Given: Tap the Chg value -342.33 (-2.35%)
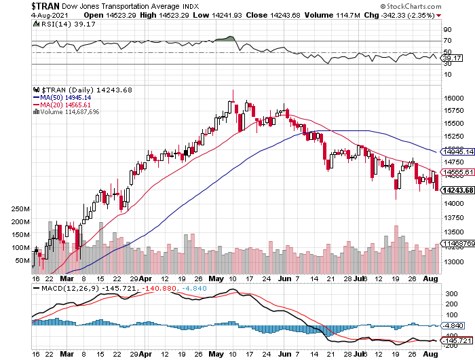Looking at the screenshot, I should click(x=407, y=14).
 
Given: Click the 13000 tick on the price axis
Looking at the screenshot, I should click(x=453, y=261).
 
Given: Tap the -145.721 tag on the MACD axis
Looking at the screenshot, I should click(x=455, y=338).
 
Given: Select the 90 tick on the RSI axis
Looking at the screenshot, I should click(x=447, y=30).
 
